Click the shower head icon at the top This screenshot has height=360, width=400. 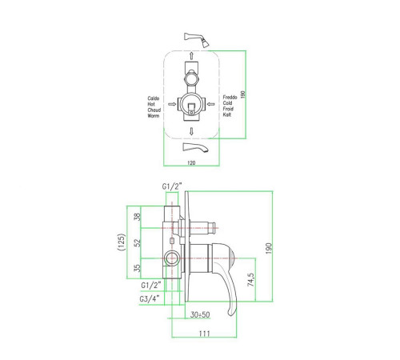click(x=197, y=39)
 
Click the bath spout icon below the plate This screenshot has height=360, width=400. click(x=195, y=147)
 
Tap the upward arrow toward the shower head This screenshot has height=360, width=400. click(x=191, y=56)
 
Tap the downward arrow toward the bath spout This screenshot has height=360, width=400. click(x=191, y=131)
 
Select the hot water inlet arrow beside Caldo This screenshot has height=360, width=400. click(x=172, y=104)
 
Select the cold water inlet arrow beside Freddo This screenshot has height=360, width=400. click(x=210, y=104)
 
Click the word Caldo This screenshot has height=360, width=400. click(x=154, y=98)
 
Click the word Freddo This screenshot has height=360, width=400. click(x=230, y=98)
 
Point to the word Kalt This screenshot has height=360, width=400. click(x=227, y=114)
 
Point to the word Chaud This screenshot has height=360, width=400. click(x=154, y=110)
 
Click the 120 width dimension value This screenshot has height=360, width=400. click(x=191, y=162)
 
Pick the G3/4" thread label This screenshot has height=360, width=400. click(x=150, y=298)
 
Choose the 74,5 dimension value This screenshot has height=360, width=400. click(x=251, y=279)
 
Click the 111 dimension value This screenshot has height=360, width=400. click(x=205, y=334)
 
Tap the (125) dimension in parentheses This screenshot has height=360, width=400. click(x=122, y=242)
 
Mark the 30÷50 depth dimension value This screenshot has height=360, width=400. click(x=200, y=314)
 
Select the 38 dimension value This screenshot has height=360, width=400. click(x=137, y=217)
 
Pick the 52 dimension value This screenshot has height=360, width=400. click(x=137, y=242)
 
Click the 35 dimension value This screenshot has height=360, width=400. click(x=137, y=268)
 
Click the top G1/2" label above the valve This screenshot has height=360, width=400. click(x=172, y=186)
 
